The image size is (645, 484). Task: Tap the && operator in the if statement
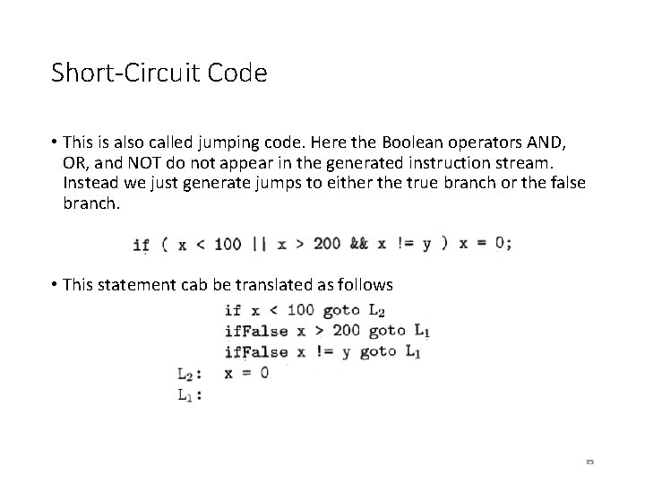pyautogui.click(x=358, y=244)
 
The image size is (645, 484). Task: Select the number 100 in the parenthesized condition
pyautogui.click(x=228, y=244)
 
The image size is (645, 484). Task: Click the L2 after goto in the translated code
pyautogui.click(x=377, y=311)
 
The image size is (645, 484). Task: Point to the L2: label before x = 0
pyautogui.click(x=186, y=374)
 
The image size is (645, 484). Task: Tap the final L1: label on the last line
pyautogui.click(x=186, y=394)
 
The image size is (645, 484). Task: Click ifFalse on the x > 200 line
pyautogui.click(x=257, y=332)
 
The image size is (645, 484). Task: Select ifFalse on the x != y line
pyautogui.click(x=257, y=352)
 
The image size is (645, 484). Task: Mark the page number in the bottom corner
pyautogui.click(x=589, y=461)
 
